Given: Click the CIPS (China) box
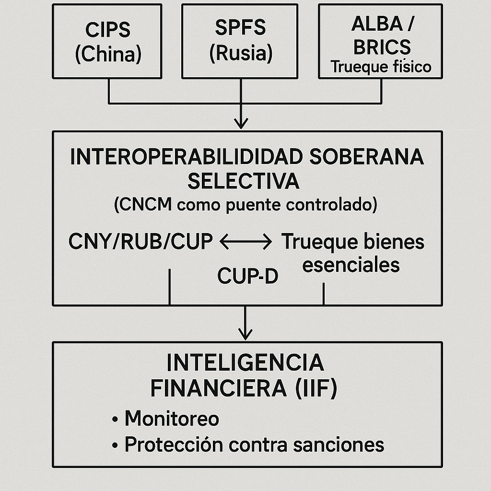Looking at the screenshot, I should [107, 41].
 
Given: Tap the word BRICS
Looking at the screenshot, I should [381, 47].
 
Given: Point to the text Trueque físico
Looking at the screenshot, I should [381, 67].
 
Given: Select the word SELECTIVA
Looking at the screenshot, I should [243, 182].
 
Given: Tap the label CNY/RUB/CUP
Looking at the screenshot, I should [140, 242].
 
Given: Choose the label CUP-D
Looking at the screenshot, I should [247, 276].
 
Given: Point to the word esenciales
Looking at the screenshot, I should [351, 265].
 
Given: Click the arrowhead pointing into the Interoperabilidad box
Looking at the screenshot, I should [241, 124].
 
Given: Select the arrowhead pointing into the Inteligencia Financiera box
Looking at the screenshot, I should [245, 334].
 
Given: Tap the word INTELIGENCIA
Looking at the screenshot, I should [245, 363].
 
